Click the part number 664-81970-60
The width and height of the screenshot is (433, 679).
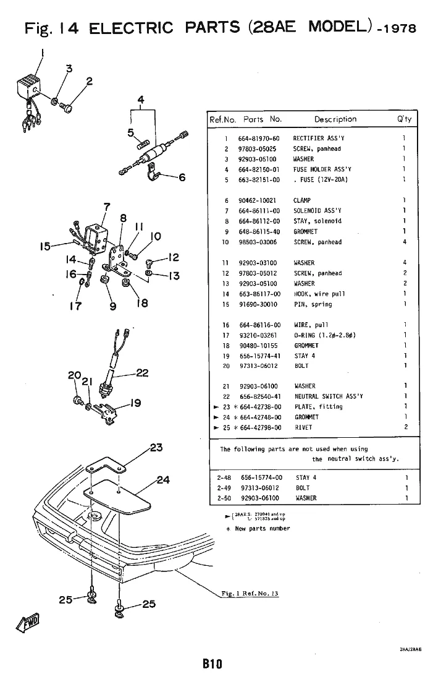click(x=259, y=139)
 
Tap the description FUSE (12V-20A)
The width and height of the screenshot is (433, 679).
click(x=322, y=180)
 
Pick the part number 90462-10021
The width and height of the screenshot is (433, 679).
click(x=259, y=200)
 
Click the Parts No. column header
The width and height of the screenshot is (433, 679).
click(x=263, y=119)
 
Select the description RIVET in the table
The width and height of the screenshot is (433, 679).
click(x=303, y=427)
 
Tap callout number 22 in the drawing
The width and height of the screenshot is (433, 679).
click(x=142, y=373)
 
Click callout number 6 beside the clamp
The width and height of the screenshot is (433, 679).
click(x=182, y=177)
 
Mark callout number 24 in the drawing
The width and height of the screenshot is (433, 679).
click(x=163, y=479)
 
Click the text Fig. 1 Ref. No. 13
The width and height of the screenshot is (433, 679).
click(x=250, y=594)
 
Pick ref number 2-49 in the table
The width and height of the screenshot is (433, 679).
click(x=223, y=488)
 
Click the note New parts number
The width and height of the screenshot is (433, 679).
click(x=263, y=529)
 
